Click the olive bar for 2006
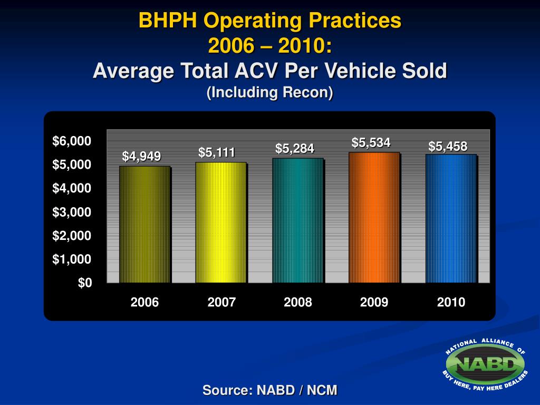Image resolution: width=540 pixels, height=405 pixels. coord(144,225)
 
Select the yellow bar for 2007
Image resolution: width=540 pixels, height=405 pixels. coord(220,223)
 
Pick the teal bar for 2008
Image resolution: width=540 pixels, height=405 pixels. coord(297,220)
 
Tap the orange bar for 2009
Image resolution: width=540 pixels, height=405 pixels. coord(374,217)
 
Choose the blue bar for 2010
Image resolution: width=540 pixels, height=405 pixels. coord(451,218)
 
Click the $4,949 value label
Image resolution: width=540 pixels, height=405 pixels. coord(141,156)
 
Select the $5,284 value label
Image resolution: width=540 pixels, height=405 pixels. coord(295,149)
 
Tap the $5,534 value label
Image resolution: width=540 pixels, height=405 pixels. coord(371,142)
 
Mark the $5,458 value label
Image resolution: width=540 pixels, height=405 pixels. coord(448,146)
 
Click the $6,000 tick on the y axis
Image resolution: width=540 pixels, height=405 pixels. coord(72,141)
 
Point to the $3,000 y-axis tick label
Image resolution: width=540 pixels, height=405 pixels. coord(72,212)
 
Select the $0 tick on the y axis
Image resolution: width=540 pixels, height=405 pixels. coord(84,283)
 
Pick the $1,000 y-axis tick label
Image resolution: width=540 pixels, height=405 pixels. coord(72,259)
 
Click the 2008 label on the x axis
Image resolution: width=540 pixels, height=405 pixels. coord(297,302)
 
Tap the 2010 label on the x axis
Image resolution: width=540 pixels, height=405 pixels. coord(451,302)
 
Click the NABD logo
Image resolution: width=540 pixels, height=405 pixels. coord(485,364)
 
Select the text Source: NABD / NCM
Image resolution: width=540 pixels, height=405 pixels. coord(270,390)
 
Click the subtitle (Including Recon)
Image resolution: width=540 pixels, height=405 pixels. coord(270,92)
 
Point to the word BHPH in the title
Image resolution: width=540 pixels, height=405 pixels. coord(168,21)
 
